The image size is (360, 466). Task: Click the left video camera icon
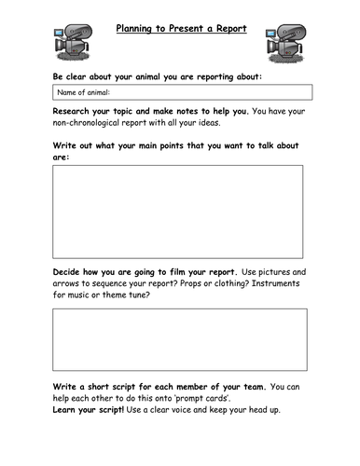tap(72, 39)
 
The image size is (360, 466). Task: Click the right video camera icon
tap(284, 39)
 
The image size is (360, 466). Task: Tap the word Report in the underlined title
tap(228, 28)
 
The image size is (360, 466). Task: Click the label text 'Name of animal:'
tap(84, 92)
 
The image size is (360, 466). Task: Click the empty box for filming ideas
tap(179, 339)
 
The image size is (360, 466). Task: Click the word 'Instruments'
tap(276, 284)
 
